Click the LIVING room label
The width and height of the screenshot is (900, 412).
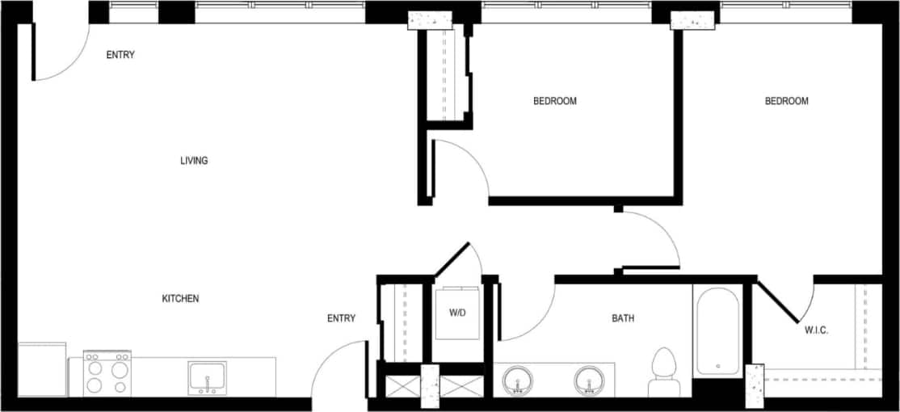pyautogui.click(x=194, y=161)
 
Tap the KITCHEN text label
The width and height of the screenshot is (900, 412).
pyautogui.click(x=180, y=299)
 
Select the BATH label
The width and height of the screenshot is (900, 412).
pyautogui.click(x=622, y=318)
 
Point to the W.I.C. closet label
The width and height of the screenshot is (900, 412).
pyautogui.click(x=817, y=330)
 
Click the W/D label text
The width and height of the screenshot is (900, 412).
pyautogui.click(x=456, y=312)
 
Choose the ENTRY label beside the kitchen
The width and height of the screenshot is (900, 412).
pyautogui.click(x=341, y=318)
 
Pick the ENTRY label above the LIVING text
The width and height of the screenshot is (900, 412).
pyautogui.click(x=120, y=55)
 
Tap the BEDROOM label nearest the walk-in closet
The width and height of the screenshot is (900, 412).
pyautogui.click(x=786, y=101)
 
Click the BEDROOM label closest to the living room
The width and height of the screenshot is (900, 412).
pyautogui.click(x=554, y=101)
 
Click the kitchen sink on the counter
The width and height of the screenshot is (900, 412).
pyautogui.click(x=207, y=378)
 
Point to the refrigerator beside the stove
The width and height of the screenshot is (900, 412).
pyautogui.click(x=42, y=370)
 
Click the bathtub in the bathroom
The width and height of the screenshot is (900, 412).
pyautogui.click(x=716, y=332)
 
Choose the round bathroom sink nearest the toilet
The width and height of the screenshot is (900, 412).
pyautogui.click(x=589, y=380)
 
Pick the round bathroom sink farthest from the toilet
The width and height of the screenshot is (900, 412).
pyautogui.click(x=517, y=380)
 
